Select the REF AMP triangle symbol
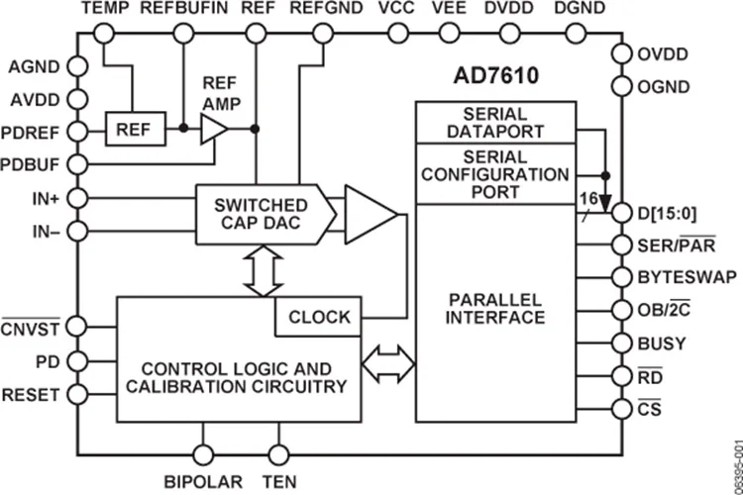click(213, 129)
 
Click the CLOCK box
click(319, 317)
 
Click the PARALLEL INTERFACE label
click(495, 308)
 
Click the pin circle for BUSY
click(620, 343)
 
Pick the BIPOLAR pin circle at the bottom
click(204, 454)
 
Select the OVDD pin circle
click(620, 54)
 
